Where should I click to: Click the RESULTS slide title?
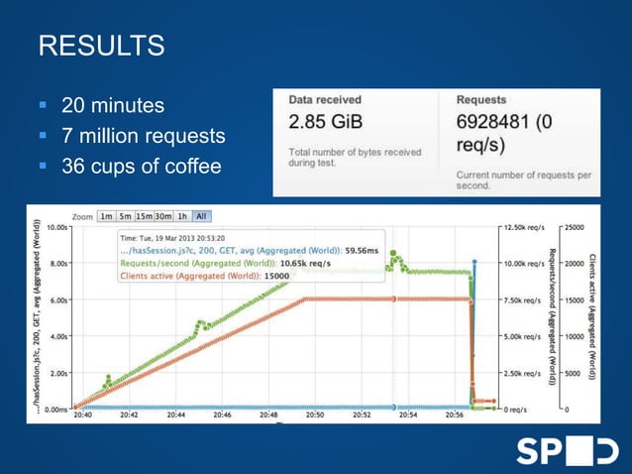point(100,46)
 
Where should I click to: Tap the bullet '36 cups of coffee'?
point(141,165)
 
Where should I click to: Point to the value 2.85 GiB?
point(324,123)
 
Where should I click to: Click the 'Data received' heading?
point(325,100)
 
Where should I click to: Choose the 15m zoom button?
point(146,216)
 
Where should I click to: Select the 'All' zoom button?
point(201,216)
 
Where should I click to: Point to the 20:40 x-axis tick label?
point(84,416)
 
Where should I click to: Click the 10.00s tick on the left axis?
point(57,226)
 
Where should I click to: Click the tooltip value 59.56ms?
point(363,251)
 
